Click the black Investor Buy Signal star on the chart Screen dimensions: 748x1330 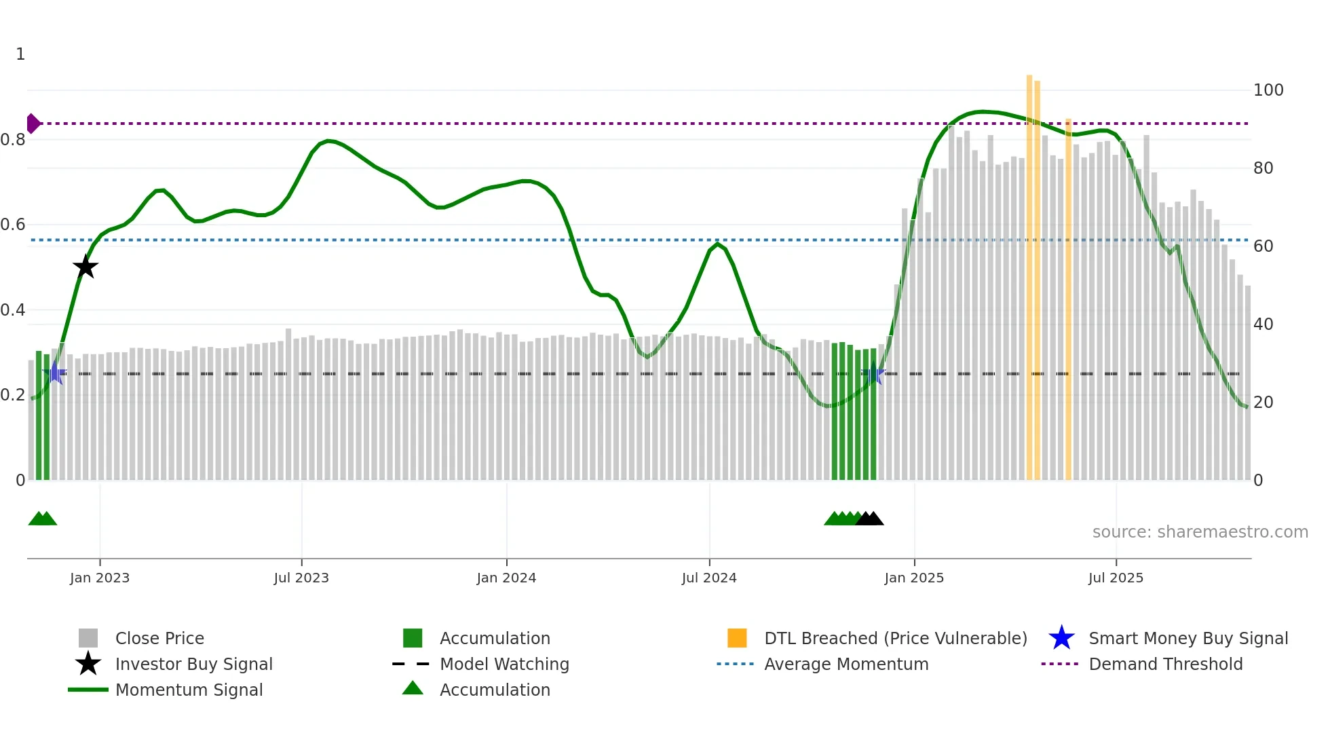pyautogui.click(x=85, y=267)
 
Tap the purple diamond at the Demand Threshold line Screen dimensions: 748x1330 pyautogui.click(x=33, y=124)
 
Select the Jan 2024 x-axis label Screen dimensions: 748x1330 pyautogui.click(x=506, y=578)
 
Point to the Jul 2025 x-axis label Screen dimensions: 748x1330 pyautogui.click(x=1116, y=578)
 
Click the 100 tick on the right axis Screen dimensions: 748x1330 pyautogui.click(x=1268, y=90)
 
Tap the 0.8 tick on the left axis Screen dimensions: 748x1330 pyautogui.click(x=14, y=140)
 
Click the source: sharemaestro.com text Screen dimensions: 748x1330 pyautogui.click(x=1200, y=532)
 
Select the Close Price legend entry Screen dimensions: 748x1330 pyautogui.click(x=159, y=638)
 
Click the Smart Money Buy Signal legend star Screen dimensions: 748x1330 pyautogui.click(x=1061, y=638)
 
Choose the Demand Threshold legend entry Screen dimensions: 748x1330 pyautogui.click(x=1165, y=664)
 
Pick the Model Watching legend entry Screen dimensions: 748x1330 pyautogui.click(x=503, y=664)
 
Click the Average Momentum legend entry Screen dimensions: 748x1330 pyautogui.click(x=845, y=664)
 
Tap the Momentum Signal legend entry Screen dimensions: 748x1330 pyautogui.click(x=189, y=690)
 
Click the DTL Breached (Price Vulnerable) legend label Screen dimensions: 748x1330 pyautogui.click(x=895, y=638)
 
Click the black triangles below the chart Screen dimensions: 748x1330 pyautogui.click(x=870, y=519)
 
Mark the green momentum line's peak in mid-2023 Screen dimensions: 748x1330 pyautogui.click(x=328, y=141)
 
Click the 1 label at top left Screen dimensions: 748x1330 pyautogui.click(x=20, y=54)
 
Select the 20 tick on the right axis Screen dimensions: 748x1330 pyautogui.click(x=1263, y=403)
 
